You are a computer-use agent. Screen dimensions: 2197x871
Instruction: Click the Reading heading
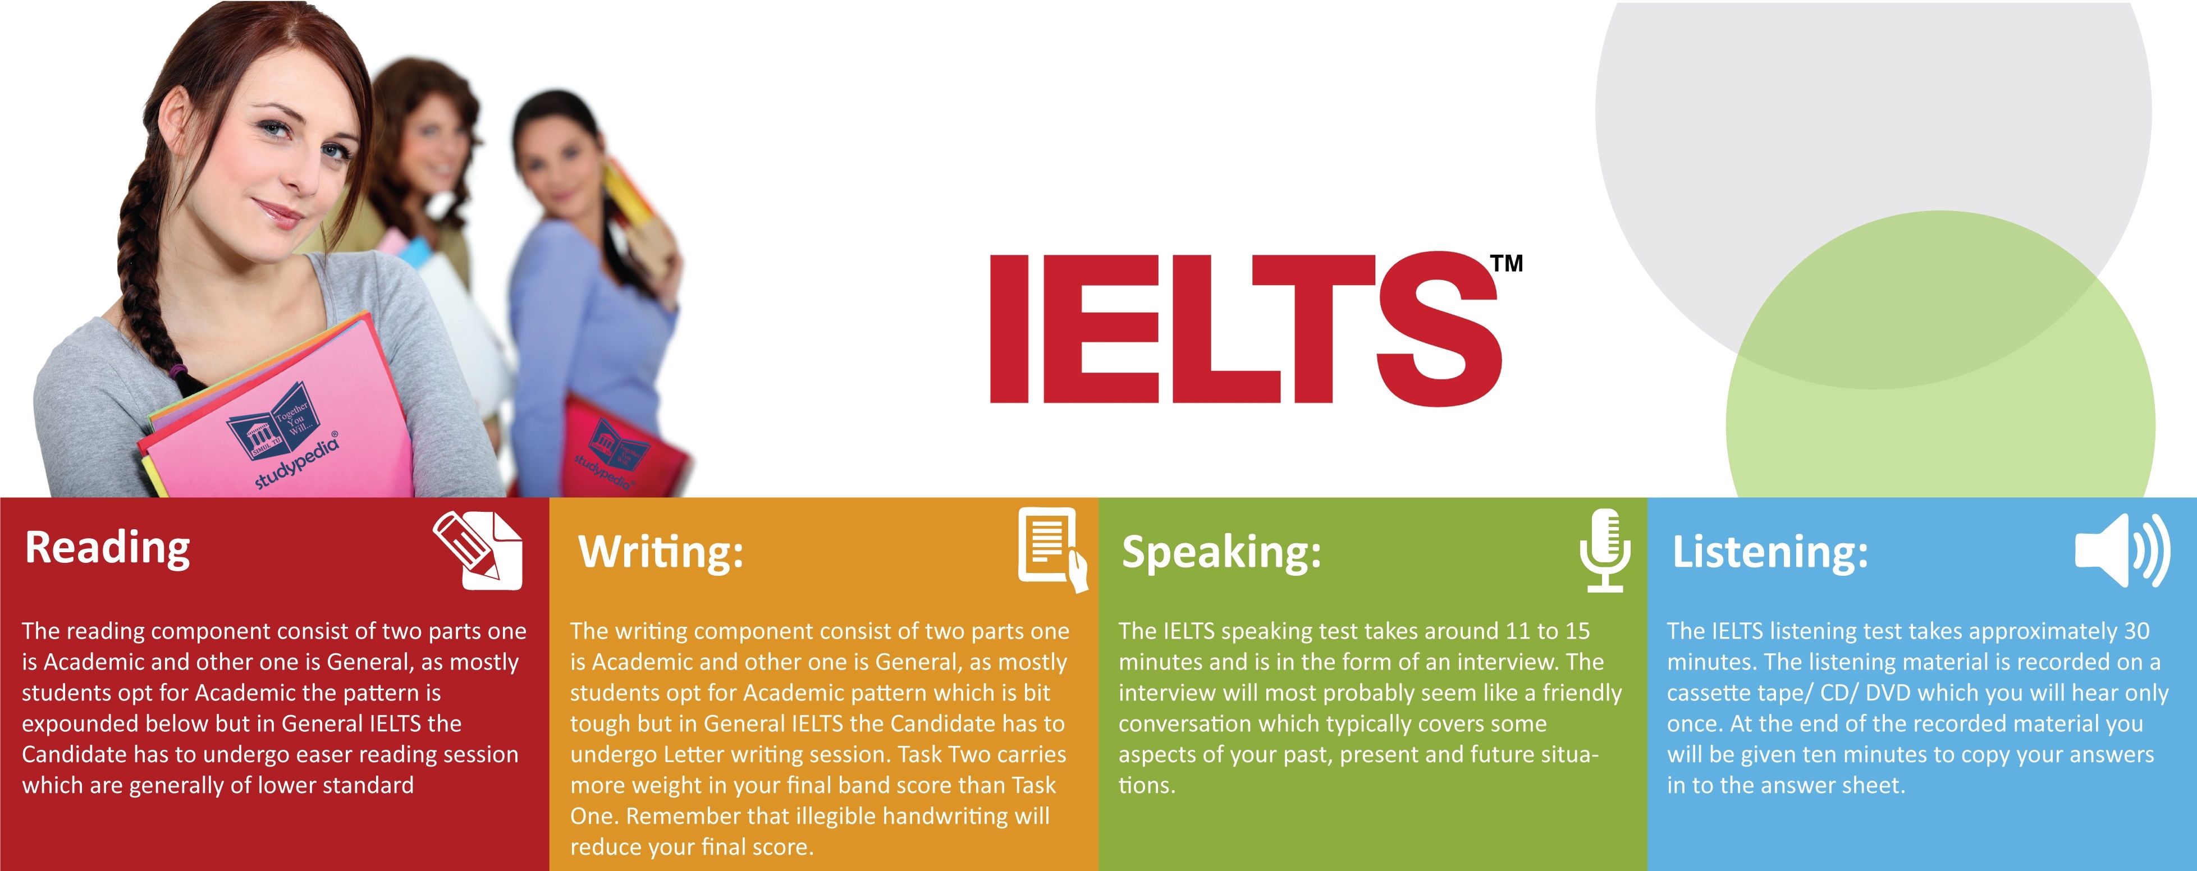(x=107, y=548)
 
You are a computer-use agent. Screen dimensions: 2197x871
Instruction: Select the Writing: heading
(x=661, y=552)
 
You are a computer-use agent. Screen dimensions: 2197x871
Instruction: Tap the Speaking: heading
(x=1221, y=552)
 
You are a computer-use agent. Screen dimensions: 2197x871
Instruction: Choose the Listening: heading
(x=1770, y=551)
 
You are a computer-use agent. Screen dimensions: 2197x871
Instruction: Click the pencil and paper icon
(x=478, y=550)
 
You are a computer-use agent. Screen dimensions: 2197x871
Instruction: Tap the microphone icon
(x=1605, y=550)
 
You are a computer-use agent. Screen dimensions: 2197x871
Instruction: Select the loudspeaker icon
(x=2122, y=550)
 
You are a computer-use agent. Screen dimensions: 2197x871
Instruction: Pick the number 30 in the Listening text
(x=2136, y=631)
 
